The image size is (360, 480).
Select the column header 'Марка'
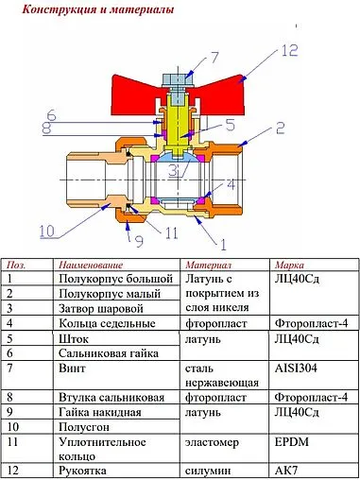pos(288,266)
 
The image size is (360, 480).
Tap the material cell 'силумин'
pos(209,470)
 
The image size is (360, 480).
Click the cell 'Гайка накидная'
pos(100,412)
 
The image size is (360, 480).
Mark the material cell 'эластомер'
pos(213,441)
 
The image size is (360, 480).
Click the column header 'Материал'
pos(209,266)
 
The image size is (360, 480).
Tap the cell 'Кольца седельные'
pos(107,323)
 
